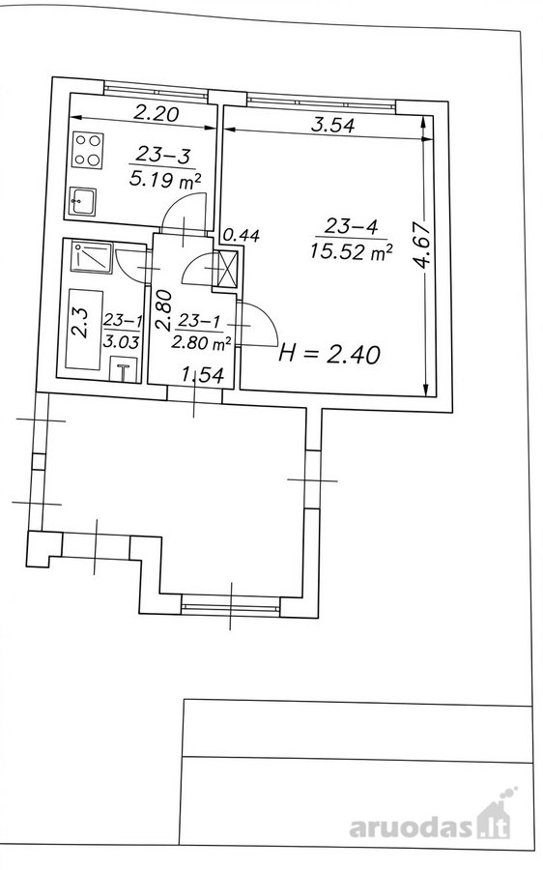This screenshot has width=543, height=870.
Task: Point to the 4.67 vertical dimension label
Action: [x=424, y=246]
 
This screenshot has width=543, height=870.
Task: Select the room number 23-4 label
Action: [x=351, y=226]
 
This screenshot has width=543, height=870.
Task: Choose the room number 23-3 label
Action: [x=162, y=155]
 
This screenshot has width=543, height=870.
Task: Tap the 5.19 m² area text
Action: [x=164, y=179]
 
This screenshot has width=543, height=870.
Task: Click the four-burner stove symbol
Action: [x=87, y=151]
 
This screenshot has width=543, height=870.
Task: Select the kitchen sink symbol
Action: [x=83, y=200]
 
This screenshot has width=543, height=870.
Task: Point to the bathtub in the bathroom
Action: [x=84, y=330]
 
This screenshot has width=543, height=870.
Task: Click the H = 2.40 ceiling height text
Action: [x=329, y=354]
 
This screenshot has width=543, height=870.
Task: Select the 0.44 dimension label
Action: [x=241, y=236]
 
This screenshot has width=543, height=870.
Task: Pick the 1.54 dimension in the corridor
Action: [x=204, y=376]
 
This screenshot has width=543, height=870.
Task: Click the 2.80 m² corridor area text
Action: [x=201, y=344]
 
